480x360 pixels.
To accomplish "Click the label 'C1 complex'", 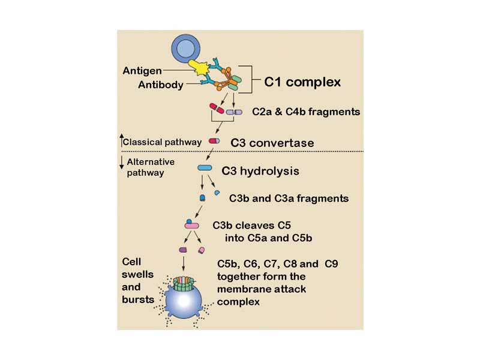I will pyautogui.click(x=302, y=82).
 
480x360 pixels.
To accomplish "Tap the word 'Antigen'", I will pyautogui.click(x=142, y=71).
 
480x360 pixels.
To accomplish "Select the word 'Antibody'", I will pyautogui.click(x=161, y=85).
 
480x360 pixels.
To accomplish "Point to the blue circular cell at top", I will pyautogui.click(x=189, y=47).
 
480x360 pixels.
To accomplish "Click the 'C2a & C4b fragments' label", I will pyautogui.click(x=306, y=112).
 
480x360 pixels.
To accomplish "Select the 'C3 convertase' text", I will pyautogui.click(x=272, y=143).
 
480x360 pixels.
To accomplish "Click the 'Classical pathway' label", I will pyautogui.click(x=162, y=142).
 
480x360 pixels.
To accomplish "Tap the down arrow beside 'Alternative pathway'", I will pyautogui.click(x=121, y=163).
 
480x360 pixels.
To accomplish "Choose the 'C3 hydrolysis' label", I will pyautogui.click(x=260, y=171).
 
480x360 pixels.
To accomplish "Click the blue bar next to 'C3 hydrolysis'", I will pyautogui.click(x=205, y=168).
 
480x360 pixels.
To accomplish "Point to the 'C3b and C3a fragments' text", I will pyautogui.click(x=289, y=198).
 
